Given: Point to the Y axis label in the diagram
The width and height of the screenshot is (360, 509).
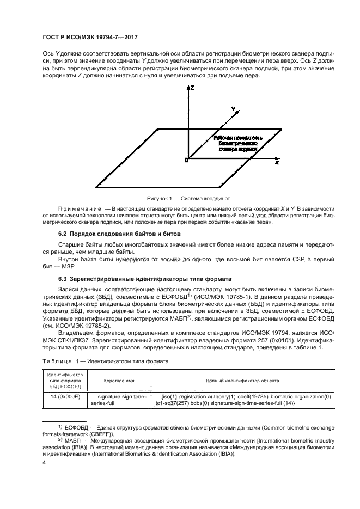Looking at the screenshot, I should coord(233,109).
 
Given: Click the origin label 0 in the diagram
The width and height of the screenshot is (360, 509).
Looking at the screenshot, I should coord(186,161).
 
